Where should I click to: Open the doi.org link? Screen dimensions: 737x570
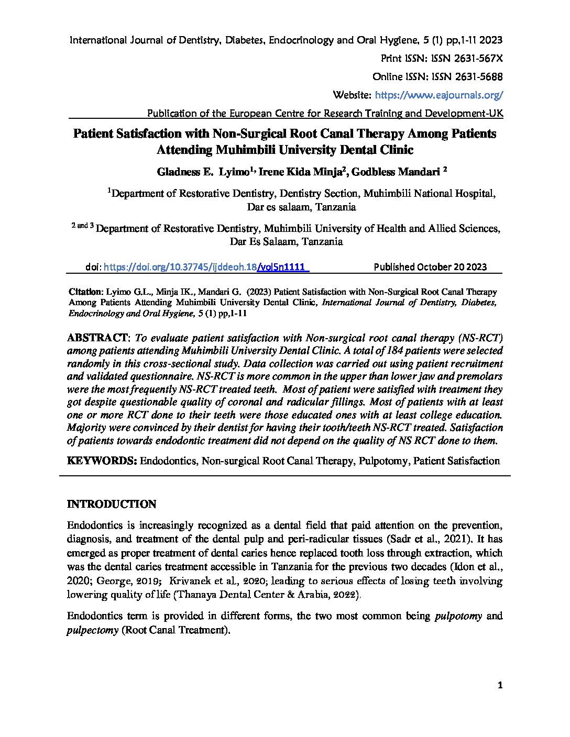tap(206, 267)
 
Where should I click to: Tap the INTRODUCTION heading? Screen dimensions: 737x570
tap(112, 504)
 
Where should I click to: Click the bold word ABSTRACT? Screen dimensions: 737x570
tap(97, 337)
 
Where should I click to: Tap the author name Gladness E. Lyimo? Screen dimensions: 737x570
tap(203, 171)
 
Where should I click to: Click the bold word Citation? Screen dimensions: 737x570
tap(86, 292)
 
